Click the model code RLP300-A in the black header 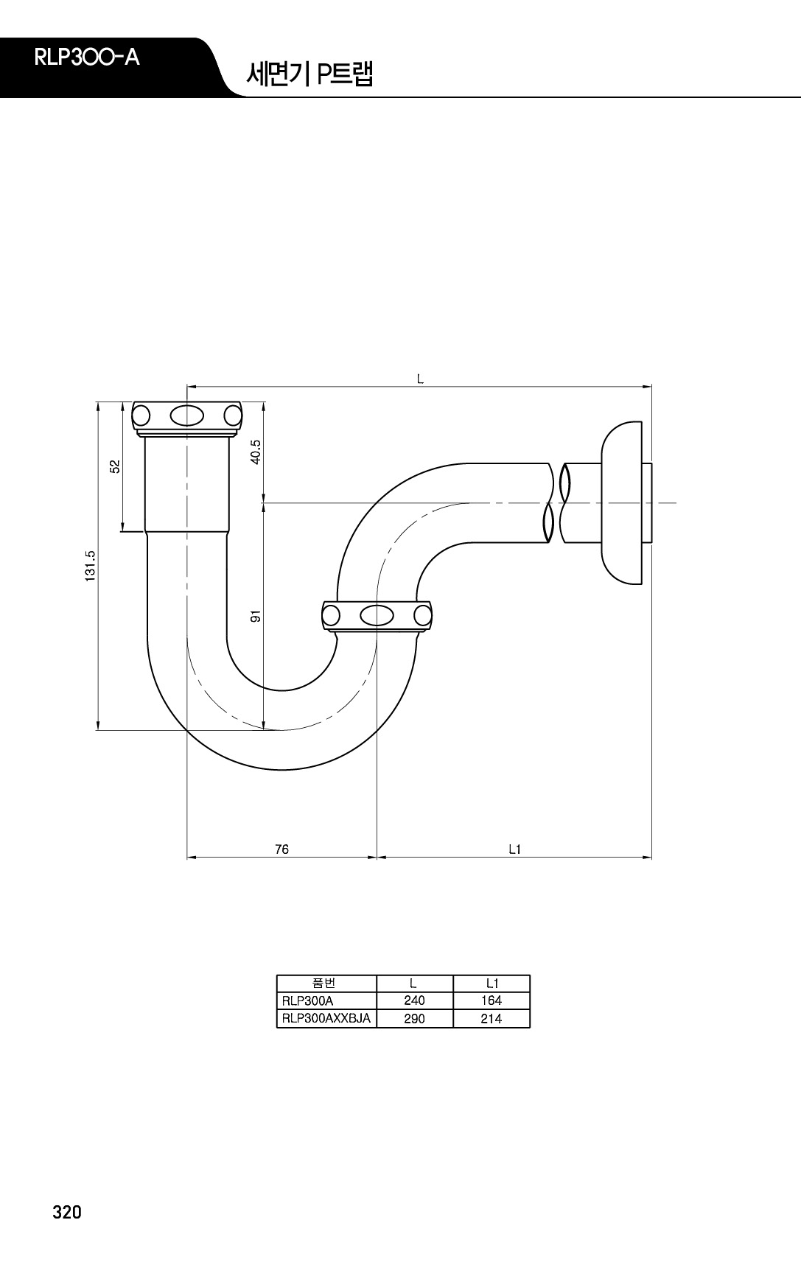click(87, 58)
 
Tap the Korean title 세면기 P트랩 click(309, 74)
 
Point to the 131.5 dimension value click(90, 567)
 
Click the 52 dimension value click(114, 466)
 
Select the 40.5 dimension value click(256, 452)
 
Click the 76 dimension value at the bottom click(281, 849)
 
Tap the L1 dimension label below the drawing click(514, 849)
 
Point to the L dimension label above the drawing click(420, 379)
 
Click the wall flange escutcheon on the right click(621, 502)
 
